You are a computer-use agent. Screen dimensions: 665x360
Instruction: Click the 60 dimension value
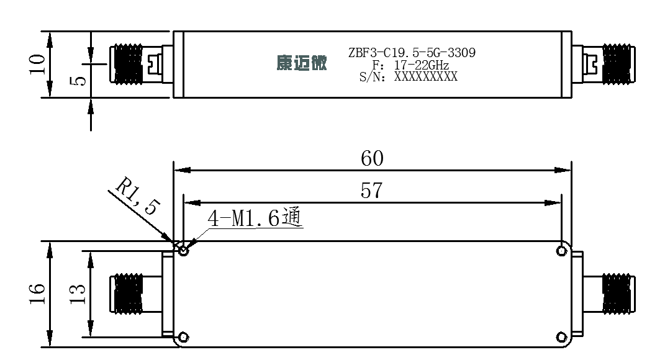coord(372,158)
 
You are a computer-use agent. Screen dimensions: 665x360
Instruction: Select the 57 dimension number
coord(371,191)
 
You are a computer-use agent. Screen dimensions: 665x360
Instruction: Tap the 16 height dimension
coord(37,294)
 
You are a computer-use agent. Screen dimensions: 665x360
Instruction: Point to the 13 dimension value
coord(78,294)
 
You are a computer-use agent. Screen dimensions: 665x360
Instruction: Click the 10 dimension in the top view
coord(37,64)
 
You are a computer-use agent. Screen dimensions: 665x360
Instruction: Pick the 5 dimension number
coord(78,80)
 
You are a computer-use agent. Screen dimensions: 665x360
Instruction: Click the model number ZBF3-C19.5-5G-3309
coord(412,53)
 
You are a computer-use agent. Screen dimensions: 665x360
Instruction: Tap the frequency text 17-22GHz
coord(421,65)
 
